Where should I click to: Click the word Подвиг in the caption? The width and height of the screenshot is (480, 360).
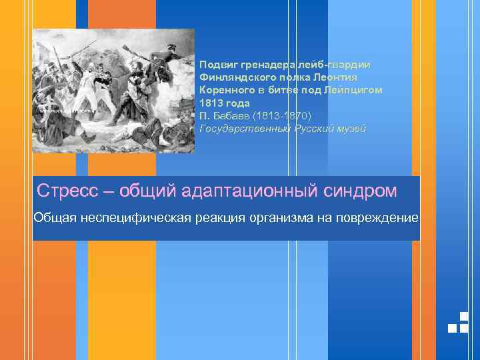tap(217, 65)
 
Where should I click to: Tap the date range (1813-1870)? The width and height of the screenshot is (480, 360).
tap(283, 115)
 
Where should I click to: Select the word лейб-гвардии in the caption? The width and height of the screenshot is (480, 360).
tap(337, 65)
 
